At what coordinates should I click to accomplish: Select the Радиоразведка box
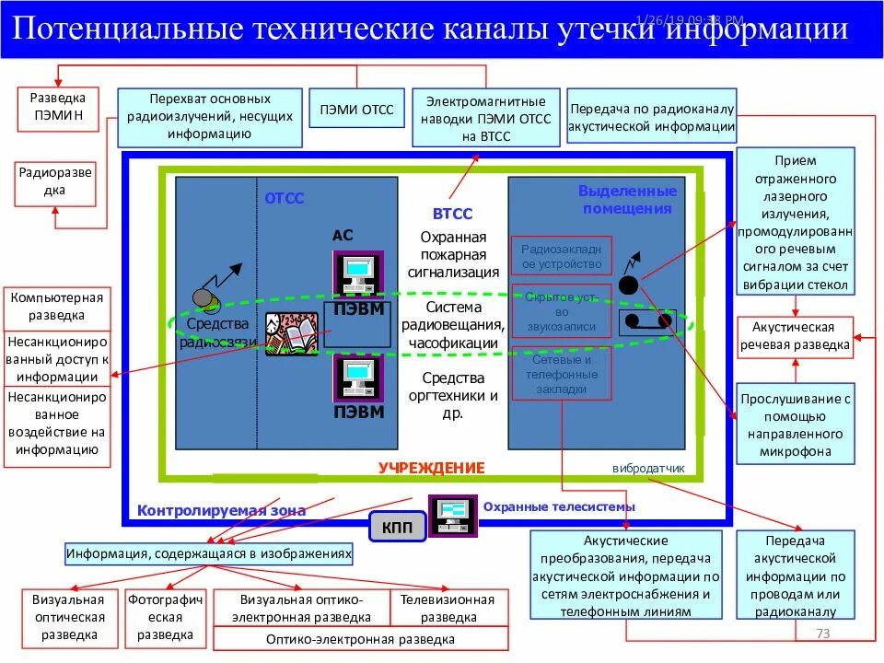click(x=54, y=182)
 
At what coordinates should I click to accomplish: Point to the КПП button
click(x=397, y=528)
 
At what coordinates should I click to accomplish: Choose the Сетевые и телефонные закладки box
click(x=561, y=375)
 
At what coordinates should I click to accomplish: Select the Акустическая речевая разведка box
click(x=794, y=337)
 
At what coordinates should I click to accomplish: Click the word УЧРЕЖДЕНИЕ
click(x=431, y=468)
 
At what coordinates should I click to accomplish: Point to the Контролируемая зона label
click(x=221, y=510)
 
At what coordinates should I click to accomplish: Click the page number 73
click(x=823, y=634)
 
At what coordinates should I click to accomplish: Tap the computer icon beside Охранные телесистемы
click(x=452, y=516)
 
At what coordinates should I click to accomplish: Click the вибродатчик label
click(x=648, y=468)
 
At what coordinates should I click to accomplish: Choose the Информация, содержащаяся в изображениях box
click(x=209, y=554)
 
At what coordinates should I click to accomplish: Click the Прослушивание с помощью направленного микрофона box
click(x=794, y=425)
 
